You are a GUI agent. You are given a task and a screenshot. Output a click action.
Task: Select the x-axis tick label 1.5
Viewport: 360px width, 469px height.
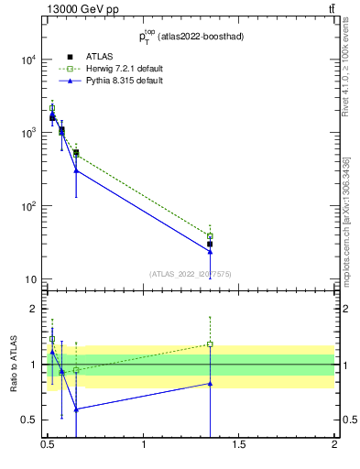point(239,445)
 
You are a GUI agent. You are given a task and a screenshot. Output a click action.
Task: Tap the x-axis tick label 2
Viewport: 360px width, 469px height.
point(334,445)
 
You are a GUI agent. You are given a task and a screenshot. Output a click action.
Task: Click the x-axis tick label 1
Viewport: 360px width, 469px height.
point(144,445)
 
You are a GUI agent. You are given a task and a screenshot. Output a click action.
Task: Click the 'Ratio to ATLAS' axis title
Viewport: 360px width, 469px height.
point(13,364)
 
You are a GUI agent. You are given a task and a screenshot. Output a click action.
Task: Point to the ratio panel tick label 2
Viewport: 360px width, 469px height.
point(35,309)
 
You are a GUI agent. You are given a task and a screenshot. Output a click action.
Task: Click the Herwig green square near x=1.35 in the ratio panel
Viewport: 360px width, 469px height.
point(210,344)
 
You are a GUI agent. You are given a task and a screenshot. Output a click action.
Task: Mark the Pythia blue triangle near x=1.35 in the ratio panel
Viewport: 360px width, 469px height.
point(210,384)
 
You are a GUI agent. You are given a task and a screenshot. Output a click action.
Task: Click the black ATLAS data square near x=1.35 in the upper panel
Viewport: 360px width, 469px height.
point(210,244)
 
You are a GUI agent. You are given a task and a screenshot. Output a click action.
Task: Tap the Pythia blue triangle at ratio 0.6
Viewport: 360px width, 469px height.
point(76,409)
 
